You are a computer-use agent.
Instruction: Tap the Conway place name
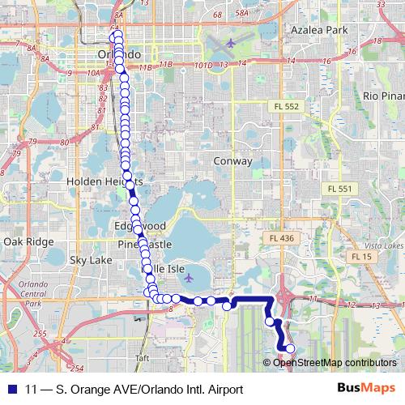(x=233, y=161)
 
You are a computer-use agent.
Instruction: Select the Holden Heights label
(x=104, y=181)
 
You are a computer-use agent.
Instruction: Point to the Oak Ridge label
(x=28, y=241)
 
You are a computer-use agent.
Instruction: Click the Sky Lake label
(x=91, y=260)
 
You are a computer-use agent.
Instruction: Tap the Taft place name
(x=143, y=356)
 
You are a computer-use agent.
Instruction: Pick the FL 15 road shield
(x=361, y=256)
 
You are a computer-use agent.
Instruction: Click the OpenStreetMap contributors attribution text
(x=335, y=362)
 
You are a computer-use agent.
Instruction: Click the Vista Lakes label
(x=385, y=245)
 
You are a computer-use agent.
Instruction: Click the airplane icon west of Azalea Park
(x=231, y=41)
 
